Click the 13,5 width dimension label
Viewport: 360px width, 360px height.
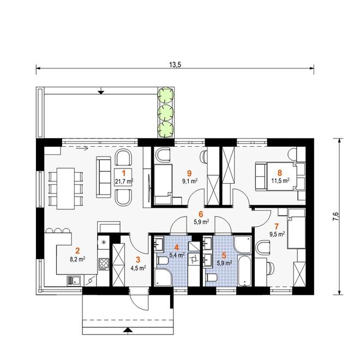point(175,65)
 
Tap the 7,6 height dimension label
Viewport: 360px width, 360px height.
point(335,217)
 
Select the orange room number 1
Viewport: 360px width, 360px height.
point(124,173)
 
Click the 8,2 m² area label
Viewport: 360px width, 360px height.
point(77,260)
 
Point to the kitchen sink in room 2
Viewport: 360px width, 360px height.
point(74,280)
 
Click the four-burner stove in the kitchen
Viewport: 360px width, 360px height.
point(104,264)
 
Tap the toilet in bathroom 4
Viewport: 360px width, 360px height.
point(163,261)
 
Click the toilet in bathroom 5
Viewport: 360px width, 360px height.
point(212,278)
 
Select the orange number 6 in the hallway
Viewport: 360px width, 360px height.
point(201,214)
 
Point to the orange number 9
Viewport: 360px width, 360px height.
point(189,173)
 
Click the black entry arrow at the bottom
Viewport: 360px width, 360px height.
point(128,330)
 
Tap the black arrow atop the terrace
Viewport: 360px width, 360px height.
point(101,92)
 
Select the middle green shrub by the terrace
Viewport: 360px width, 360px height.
point(165,112)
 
